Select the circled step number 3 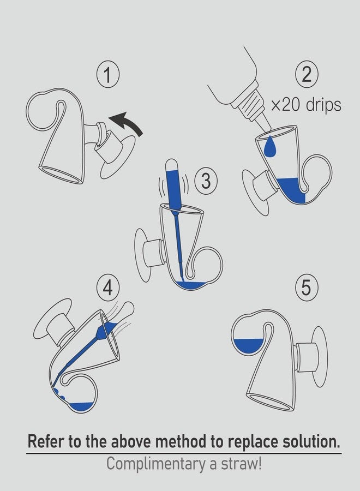point(206,181)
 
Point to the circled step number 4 point(108,288)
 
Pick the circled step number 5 point(307,288)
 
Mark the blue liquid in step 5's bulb point(249,345)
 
